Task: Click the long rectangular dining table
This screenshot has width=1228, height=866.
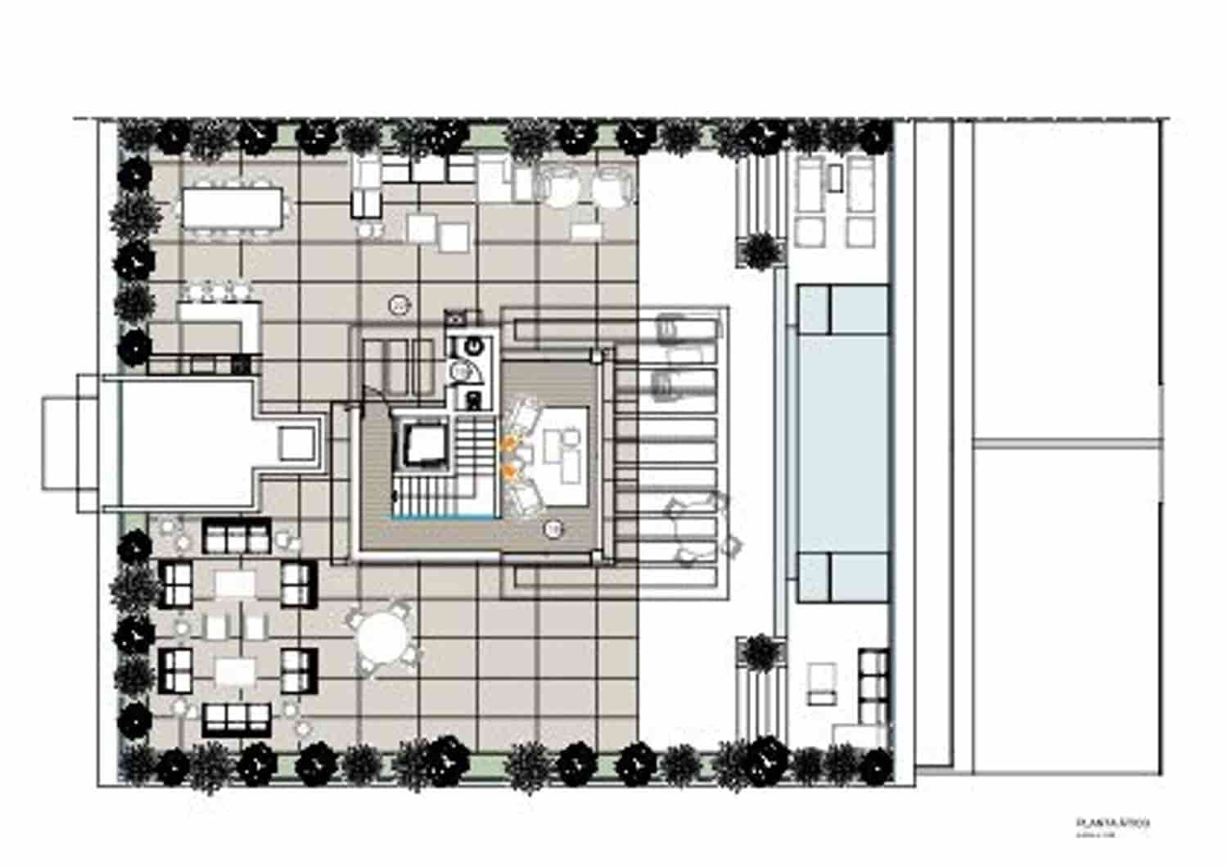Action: tap(233, 206)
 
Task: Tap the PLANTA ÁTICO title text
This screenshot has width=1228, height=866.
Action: tap(1112, 823)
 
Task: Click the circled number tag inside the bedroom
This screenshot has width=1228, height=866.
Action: tap(554, 530)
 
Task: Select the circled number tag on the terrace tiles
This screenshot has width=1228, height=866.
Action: tap(399, 305)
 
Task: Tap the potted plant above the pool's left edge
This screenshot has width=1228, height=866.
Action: tap(761, 250)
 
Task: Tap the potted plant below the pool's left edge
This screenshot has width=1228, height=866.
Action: tap(760, 652)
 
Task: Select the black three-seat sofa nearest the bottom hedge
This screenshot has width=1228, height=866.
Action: tap(237, 718)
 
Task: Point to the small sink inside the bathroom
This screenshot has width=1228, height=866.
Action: tap(459, 372)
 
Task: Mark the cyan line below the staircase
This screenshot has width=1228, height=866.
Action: tap(442, 517)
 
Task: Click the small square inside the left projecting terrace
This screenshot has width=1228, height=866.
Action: tap(296, 443)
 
